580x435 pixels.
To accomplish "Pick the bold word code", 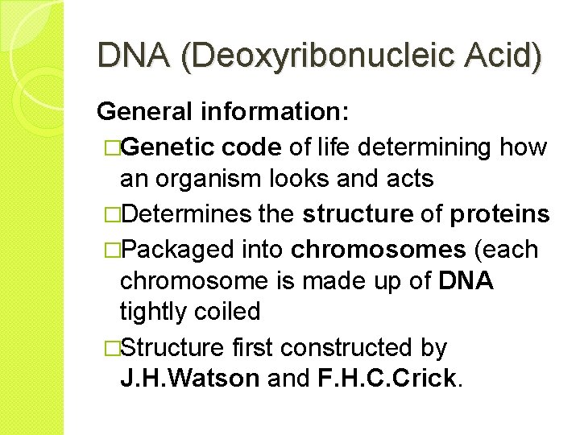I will [251, 147].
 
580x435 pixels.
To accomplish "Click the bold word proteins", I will [500, 214].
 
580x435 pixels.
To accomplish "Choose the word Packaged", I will [180, 249].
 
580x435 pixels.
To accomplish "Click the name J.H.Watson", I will [189, 379].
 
